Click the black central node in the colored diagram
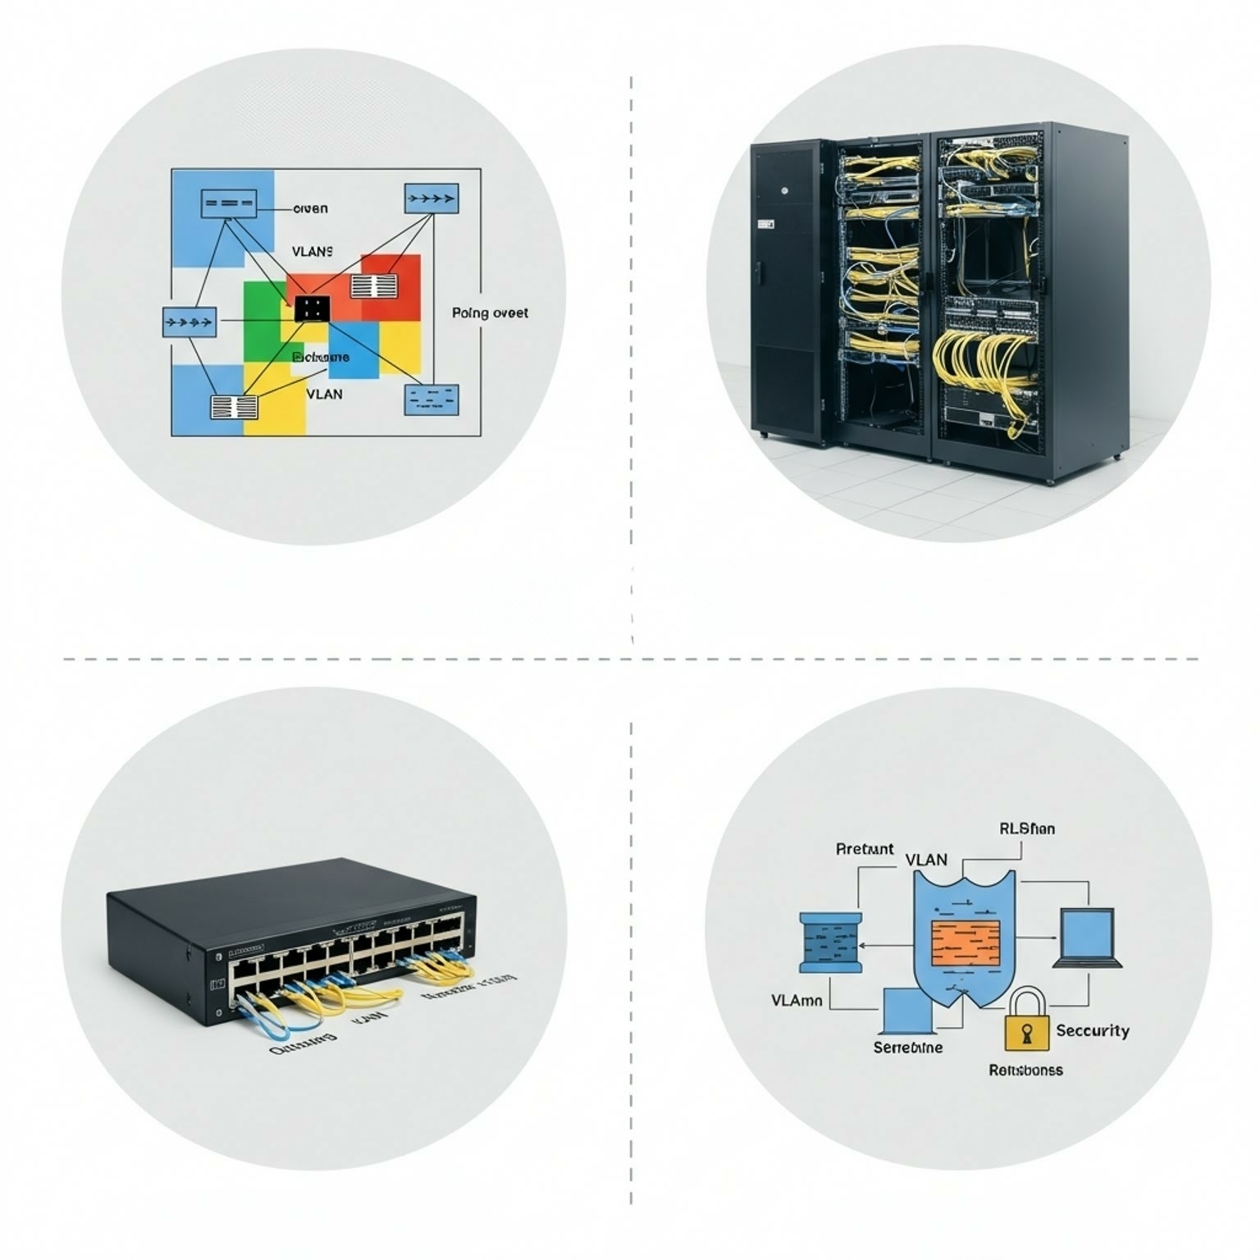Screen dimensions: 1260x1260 [x=312, y=308]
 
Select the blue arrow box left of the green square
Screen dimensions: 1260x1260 [x=189, y=322]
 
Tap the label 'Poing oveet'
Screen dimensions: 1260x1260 [x=490, y=313]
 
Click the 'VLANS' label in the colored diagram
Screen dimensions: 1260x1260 [x=313, y=252]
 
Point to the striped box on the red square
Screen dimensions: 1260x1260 [x=374, y=286]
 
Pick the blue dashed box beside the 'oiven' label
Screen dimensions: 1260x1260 [x=229, y=203]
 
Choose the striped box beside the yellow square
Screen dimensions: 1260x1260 [x=234, y=407]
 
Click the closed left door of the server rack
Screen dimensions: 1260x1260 [x=787, y=287]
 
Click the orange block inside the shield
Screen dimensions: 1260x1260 [x=966, y=943]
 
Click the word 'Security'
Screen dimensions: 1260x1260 [x=1092, y=1030]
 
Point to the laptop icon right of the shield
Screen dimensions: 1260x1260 [x=1088, y=938]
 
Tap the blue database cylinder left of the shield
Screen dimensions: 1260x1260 [x=830, y=943]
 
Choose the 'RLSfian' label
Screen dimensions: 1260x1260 [x=1027, y=829]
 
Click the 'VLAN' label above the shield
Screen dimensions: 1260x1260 [x=926, y=860]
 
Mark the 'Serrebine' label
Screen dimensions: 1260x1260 [x=907, y=1048]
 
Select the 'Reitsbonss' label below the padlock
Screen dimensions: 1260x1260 [x=1025, y=1070]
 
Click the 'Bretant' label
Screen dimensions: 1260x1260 [x=865, y=849]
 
